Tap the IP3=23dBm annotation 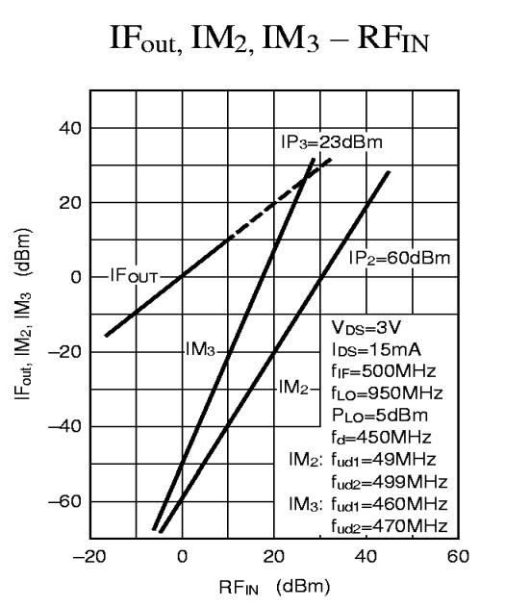332,142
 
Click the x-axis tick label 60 458,555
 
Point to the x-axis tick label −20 88,555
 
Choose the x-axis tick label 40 366,555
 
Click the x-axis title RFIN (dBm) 275,583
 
